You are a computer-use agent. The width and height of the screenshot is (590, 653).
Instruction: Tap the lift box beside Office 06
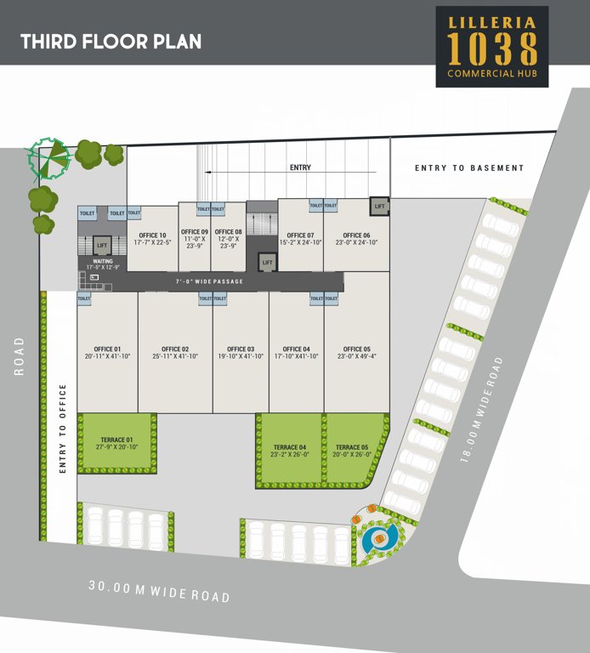(379, 206)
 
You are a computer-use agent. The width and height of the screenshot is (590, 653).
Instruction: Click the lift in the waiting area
(102, 246)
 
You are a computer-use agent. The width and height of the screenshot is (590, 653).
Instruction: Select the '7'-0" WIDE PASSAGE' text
(209, 281)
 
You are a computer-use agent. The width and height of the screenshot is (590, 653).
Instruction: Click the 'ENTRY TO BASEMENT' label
(469, 168)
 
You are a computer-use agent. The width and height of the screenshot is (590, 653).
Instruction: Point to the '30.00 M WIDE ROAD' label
(159, 590)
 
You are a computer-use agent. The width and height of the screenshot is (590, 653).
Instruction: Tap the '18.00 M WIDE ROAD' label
(480, 409)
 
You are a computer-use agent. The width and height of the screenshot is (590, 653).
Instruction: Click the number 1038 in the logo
(491, 50)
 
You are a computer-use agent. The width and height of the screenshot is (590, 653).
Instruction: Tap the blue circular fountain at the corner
(373, 538)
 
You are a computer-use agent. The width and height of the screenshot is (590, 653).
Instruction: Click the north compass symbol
(48, 158)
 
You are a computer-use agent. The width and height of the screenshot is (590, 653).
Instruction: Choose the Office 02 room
(175, 352)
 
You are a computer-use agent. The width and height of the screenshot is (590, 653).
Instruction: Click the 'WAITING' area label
(103, 262)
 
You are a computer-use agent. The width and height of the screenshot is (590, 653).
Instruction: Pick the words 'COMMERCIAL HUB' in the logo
(491, 74)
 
